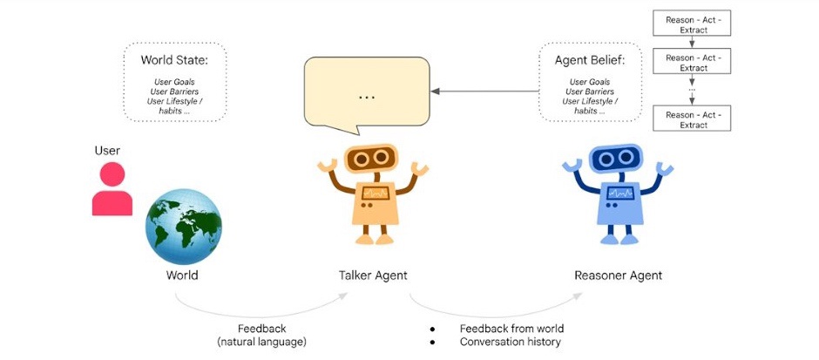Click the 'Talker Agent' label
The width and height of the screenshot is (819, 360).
click(x=373, y=275)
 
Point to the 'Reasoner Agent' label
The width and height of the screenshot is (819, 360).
click(x=618, y=275)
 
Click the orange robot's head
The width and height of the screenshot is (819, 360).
click(x=373, y=160)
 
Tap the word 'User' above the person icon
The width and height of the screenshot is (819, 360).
click(x=107, y=151)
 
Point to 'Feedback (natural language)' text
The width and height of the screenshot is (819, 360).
click(x=262, y=336)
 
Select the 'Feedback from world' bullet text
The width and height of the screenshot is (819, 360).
click(x=511, y=329)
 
